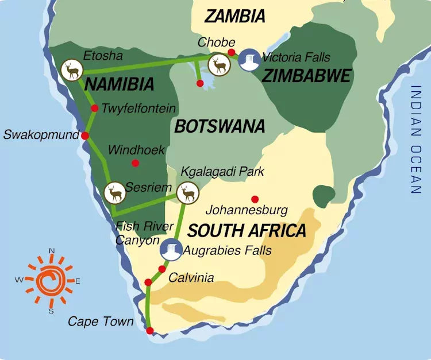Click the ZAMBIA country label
point(235,16)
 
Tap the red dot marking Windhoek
point(135,163)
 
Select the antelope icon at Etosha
point(71,71)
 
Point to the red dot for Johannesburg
point(255,199)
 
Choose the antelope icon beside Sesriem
point(115,192)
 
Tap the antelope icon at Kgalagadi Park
point(187,192)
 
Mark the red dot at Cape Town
point(150,331)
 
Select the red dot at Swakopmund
point(85,136)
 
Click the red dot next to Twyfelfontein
point(95,109)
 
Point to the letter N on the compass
point(51,251)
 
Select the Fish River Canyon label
point(136,233)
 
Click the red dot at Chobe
point(231,53)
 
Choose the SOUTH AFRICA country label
point(247,231)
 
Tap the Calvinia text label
point(191,278)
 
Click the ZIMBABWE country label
point(306,76)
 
